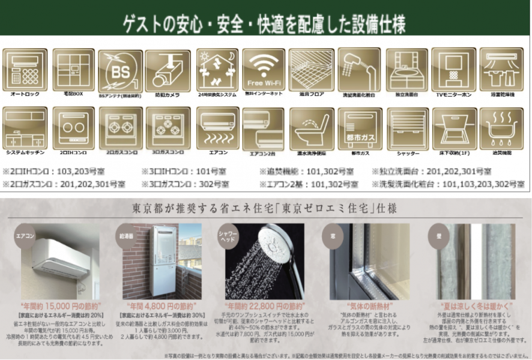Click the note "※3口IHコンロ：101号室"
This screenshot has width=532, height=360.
pyautogui.click(x=180, y=171)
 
